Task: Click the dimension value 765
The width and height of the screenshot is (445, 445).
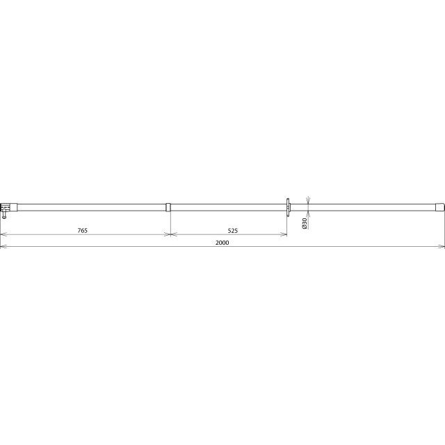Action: (x=82, y=230)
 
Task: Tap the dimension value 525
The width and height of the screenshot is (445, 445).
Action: (x=232, y=231)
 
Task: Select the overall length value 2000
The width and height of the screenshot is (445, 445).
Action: (x=222, y=243)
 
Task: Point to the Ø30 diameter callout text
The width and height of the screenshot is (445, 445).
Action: (x=305, y=223)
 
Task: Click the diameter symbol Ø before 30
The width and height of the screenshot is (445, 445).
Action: (x=305, y=227)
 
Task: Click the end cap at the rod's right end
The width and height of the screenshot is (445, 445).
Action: (x=439, y=207)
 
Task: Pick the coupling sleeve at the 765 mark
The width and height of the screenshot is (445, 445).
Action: (x=168, y=207)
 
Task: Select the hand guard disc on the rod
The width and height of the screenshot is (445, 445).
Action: (x=288, y=207)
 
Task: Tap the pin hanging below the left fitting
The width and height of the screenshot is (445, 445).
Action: (x=4, y=215)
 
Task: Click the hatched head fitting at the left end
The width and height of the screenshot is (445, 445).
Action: (x=5, y=207)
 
